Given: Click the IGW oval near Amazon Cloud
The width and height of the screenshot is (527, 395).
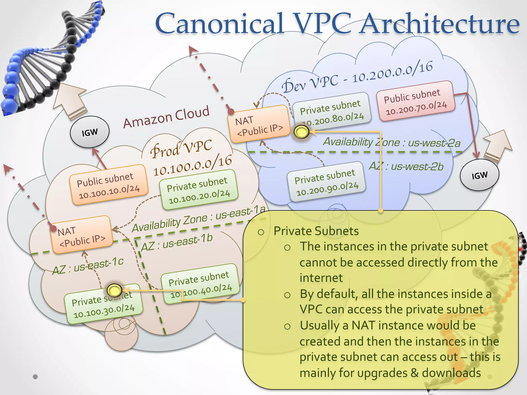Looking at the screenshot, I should [90, 132].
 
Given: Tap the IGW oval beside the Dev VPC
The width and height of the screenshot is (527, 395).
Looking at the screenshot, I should [479, 175].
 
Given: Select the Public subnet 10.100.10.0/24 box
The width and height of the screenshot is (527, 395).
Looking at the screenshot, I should [108, 185].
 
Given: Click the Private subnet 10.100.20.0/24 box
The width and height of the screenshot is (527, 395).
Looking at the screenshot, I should [198, 190].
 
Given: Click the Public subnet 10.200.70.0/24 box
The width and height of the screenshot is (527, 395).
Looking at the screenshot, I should [415, 101].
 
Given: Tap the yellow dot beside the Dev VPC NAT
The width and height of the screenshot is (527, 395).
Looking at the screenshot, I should [301, 132].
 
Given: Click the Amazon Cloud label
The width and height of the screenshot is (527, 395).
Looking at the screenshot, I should [166, 117].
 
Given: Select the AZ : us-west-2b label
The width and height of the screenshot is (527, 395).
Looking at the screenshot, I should [406, 166].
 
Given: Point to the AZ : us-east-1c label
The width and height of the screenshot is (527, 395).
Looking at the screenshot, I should [88, 266].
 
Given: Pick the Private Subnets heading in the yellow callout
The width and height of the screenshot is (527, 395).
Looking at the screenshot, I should [316, 231].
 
